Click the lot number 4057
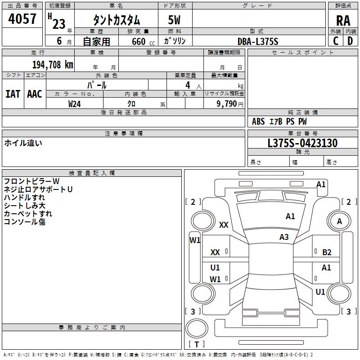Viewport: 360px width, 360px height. (22, 19)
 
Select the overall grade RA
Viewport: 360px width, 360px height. (343, 21)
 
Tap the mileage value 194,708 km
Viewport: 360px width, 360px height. (53, 65)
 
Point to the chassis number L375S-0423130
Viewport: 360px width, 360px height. (302, 143)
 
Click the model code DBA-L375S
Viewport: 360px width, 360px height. (258, 41)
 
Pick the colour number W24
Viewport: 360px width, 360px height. (74, 104)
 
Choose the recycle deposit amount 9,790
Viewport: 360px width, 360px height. (227, 104)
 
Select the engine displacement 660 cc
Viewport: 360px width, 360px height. (143, 42)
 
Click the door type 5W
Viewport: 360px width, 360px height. (174, 20)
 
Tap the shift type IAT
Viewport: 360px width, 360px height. (13, 94)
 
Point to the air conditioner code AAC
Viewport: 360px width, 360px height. (35, 94)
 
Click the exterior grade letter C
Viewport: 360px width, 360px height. (336, 41)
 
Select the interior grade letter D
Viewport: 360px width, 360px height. (350, 41)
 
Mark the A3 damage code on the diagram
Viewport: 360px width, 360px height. (284, 237)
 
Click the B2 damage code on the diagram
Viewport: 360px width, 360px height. (327, 252)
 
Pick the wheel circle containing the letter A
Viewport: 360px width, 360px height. (339, 221)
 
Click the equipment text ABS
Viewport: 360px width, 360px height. (258, 121)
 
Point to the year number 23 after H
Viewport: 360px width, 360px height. (59, 24)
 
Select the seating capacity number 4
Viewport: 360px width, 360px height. (188, 85)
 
